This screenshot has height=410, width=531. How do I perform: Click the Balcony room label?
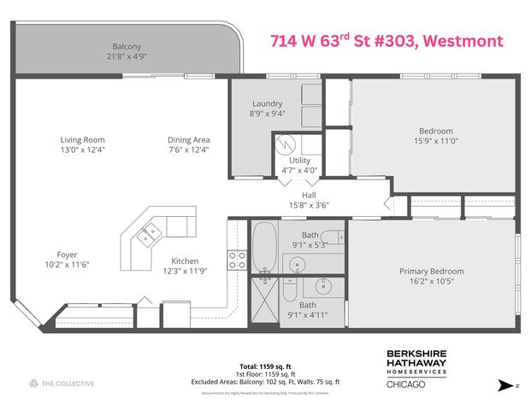(x=126, y=46)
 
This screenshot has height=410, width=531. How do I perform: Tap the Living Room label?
(x=82, y=140)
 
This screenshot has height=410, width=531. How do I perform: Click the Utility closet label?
(x=299, y=161)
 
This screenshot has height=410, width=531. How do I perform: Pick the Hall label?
(x=298, y=194)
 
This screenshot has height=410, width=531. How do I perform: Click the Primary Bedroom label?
(x=433, y=272)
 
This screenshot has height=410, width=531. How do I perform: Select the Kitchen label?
(x=185, y=261)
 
